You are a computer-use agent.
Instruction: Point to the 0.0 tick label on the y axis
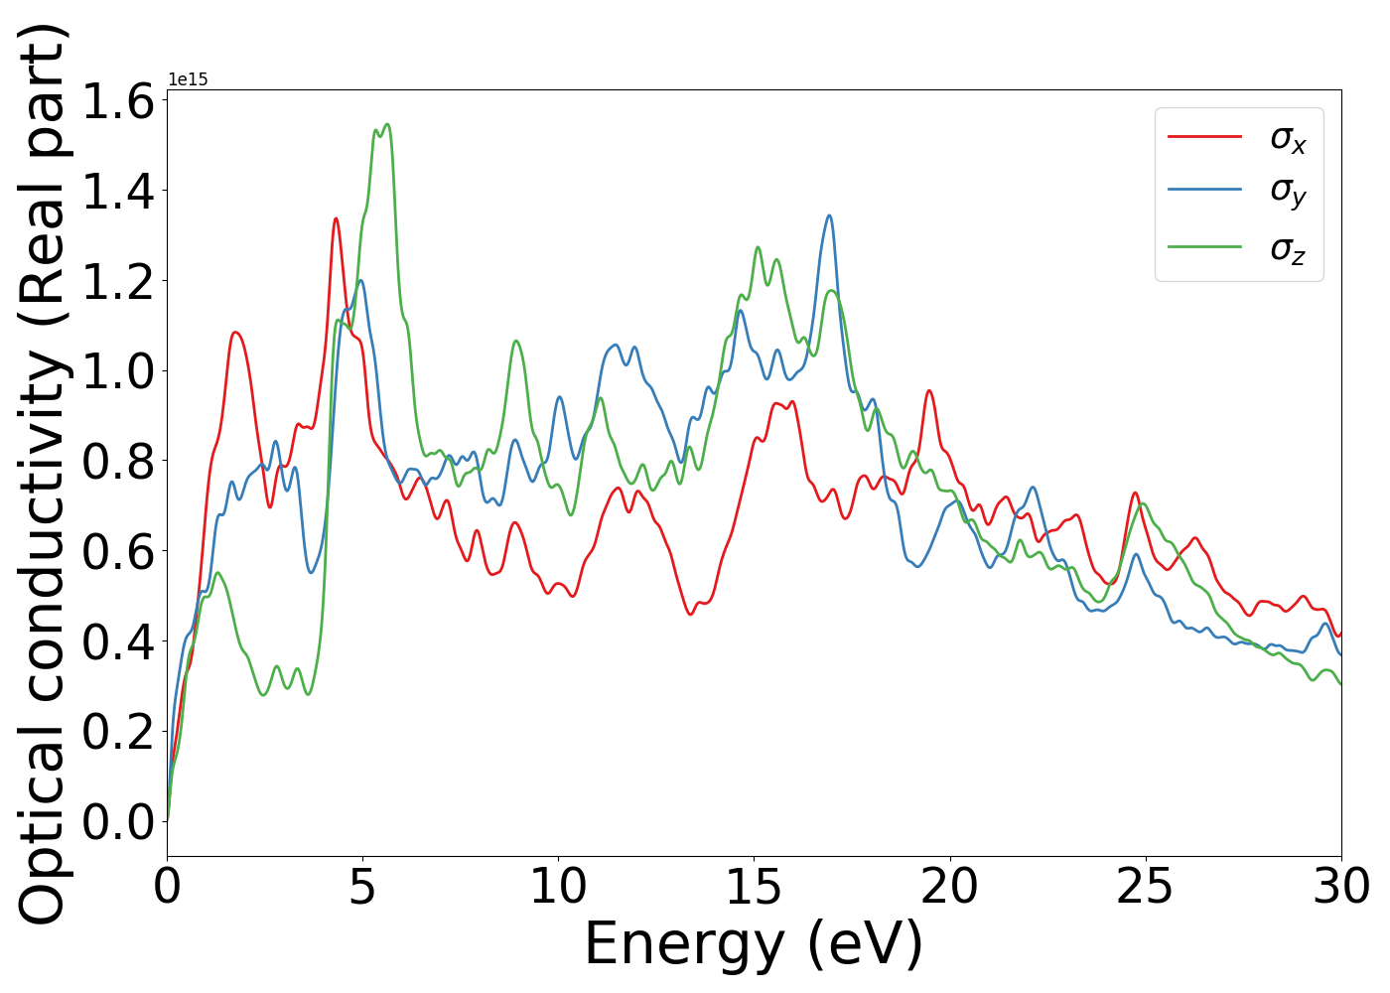point(118,821)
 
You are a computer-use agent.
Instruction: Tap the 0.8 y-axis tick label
point(118,461)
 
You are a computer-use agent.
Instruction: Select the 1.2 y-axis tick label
point(118,281)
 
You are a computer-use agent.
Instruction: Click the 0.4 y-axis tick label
point(118,641)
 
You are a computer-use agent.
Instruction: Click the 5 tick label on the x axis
point(362,885)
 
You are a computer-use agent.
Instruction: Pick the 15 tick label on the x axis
point(754,885)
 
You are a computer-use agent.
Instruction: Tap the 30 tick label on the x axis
point(1341,885)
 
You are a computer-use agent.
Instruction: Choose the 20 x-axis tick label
point(949,885)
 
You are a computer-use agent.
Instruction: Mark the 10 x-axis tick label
point(558,885)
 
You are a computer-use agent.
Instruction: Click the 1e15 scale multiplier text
point(188,79)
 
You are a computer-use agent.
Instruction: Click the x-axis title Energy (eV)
point(754,943)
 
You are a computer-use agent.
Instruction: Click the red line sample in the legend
point(1204,136)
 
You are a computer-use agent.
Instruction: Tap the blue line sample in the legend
point(1204,189)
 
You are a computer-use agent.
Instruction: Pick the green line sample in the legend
point(1204,245)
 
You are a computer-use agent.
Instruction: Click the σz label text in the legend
point(1288,248)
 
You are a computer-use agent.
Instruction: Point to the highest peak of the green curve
point(387,124)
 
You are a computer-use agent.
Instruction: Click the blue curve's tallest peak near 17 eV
point(829,215)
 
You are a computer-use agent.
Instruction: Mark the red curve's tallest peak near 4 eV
point(336,218)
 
